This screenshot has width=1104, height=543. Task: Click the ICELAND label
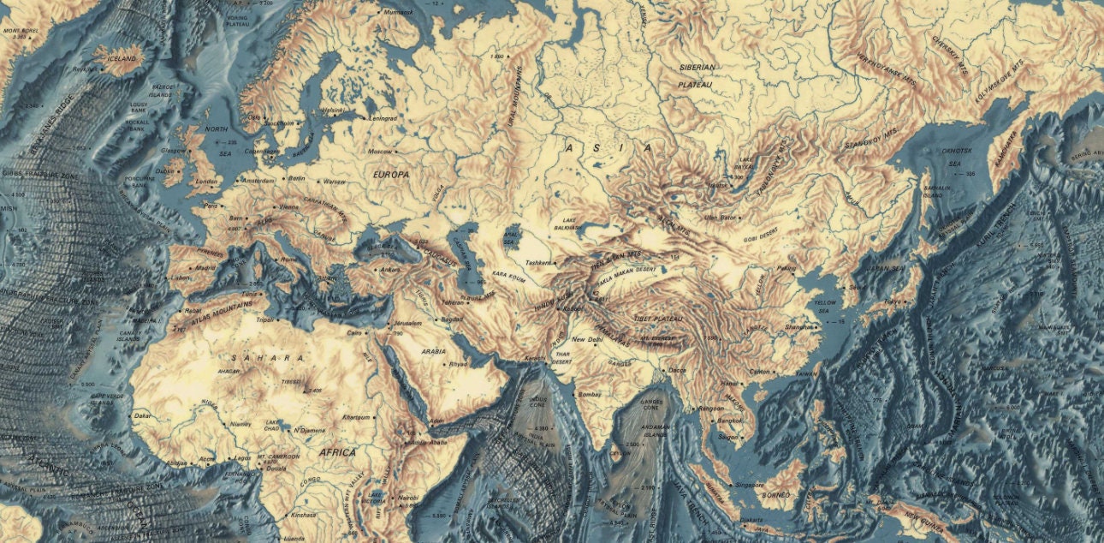(x=121, y=59)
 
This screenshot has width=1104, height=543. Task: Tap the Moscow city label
(x=379, y=152)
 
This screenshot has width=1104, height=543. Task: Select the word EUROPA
(x=392, y=174)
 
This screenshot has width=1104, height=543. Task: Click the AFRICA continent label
(x=337, y=451)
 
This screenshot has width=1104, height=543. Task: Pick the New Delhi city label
(x=589, y=340)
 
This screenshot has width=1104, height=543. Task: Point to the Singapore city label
(x=751, y=486)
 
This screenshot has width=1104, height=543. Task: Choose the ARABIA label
(x=434, y=351)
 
